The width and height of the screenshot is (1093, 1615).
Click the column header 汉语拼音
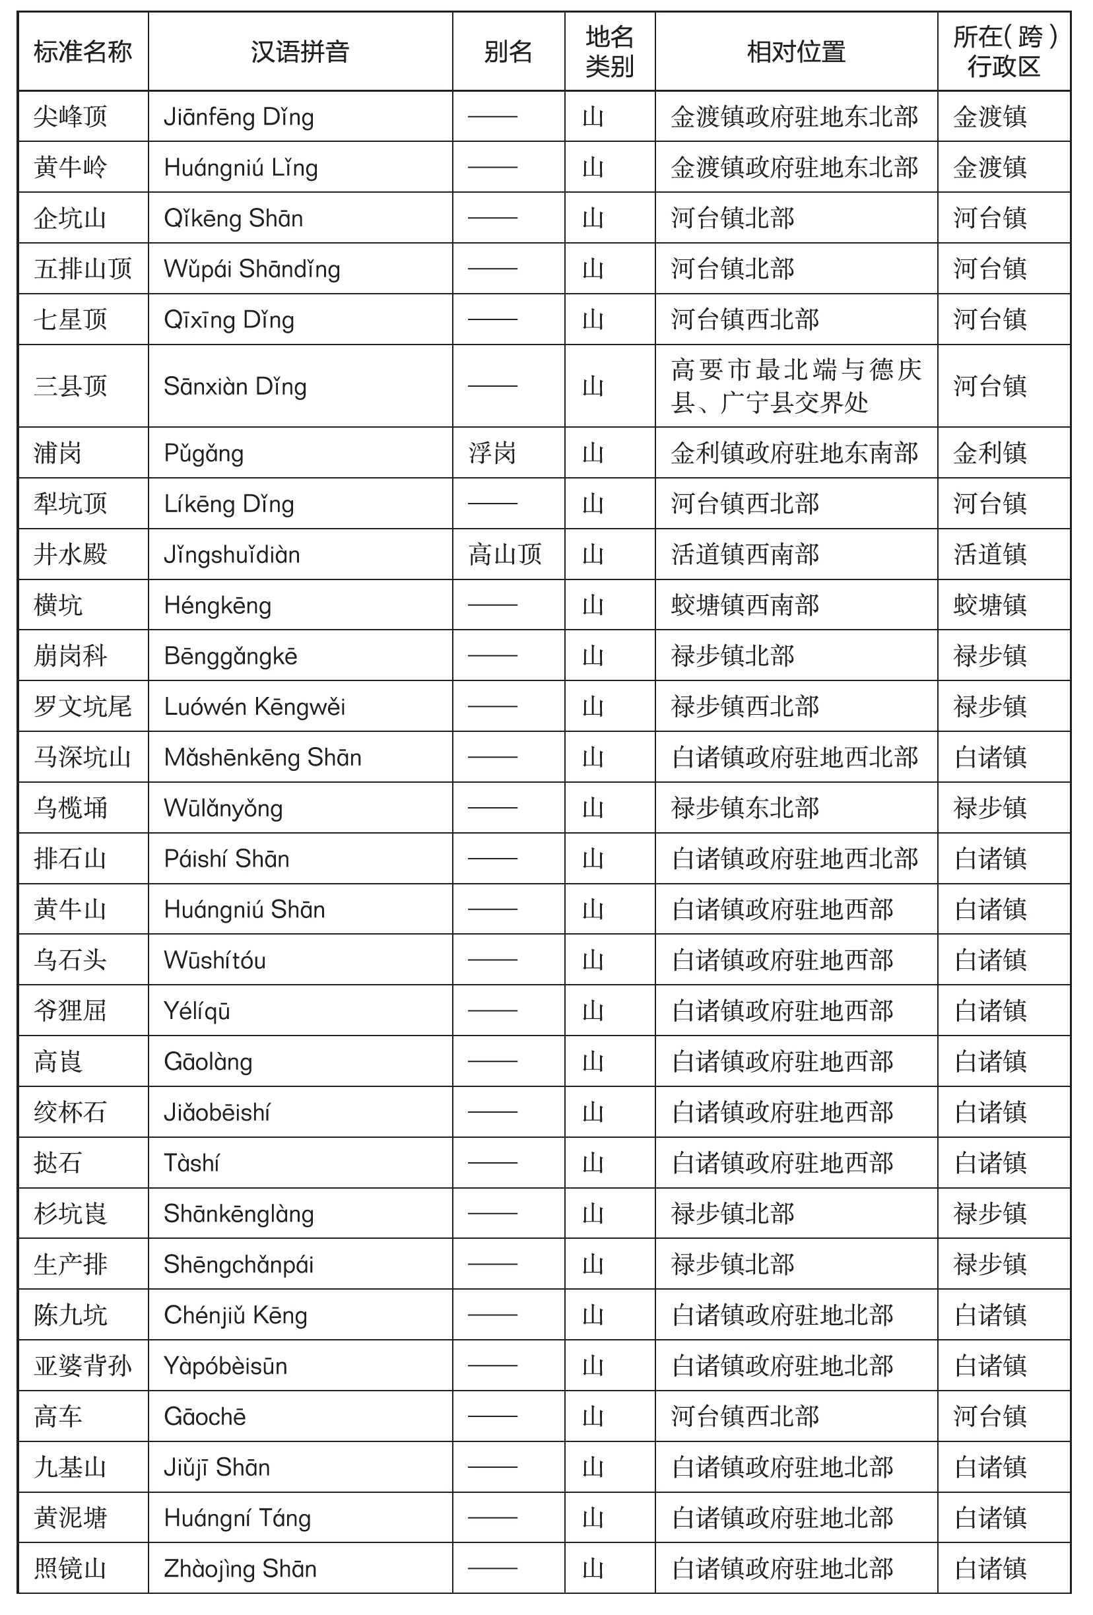(x=300, y=52)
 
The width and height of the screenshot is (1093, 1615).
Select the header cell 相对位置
(x=795, y=52)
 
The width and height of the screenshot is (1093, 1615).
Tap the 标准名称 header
(x=83, y=52)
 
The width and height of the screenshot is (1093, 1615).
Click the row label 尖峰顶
(x=70, y=117)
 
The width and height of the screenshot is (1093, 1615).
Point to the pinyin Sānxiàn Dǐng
(x=235, y=386)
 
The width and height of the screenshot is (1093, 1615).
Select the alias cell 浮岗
(x=492, y=453)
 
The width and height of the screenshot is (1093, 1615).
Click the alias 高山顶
(x=504, y=554)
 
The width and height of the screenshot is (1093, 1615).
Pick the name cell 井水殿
(x=70, y=554)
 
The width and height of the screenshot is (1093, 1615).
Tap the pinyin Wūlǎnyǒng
(x=223, y=808)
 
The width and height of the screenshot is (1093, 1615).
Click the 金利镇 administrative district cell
(x=989, y=453)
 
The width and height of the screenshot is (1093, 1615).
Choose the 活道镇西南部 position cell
(x=745, y=554)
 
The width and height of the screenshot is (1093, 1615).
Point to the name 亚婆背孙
(x=83, y=1366)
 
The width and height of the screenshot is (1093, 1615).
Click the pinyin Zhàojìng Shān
(x=240, y=1568)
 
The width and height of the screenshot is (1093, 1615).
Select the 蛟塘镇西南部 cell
(x=745, y=605)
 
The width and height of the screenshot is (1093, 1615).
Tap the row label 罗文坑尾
(x=83, y=707)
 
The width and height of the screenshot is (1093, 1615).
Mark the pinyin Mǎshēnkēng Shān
(x=263, y=758)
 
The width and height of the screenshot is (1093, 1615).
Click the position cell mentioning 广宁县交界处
(x=795, y=386)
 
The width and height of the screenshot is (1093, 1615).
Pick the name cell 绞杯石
(x=70, y=1112)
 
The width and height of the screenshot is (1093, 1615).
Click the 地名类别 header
(x=609, y=52)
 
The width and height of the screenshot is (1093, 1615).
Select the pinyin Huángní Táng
(x=237, y=1518)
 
